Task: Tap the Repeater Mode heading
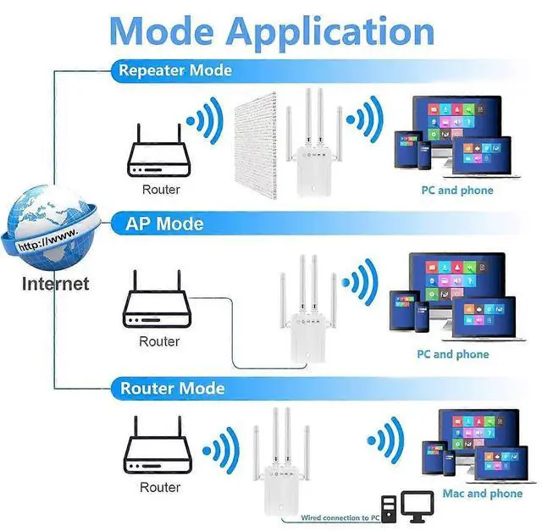tap(175, 70)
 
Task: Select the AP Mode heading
tap(164, 224)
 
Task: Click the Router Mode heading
tap(172, 389)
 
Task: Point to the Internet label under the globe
tap(55, 284)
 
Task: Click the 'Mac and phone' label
tap(482, 493)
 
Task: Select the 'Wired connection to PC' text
tap(334, 517)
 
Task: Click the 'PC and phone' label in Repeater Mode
tap(457, 191)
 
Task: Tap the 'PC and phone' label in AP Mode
tap(452, 354)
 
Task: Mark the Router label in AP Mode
tap(160, 341)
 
